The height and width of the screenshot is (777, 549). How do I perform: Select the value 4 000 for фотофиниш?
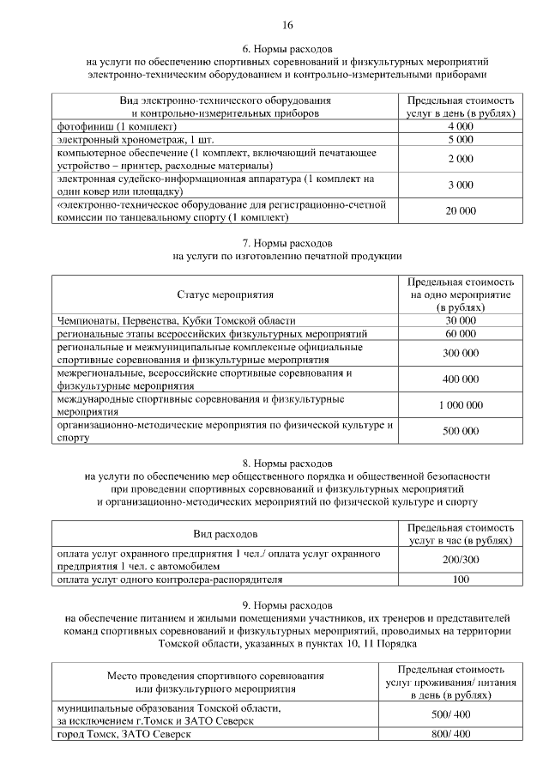[x=460, y=126]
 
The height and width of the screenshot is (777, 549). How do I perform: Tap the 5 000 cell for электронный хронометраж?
[x=460, y=139]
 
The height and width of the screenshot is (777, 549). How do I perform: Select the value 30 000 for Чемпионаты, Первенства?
[x=460, y=319]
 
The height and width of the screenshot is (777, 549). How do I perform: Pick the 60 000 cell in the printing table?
[x=460, y=332]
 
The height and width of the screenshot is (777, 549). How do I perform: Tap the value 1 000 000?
[x=460, y=405]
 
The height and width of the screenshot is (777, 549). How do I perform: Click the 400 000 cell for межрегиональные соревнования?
[x=460, y=379]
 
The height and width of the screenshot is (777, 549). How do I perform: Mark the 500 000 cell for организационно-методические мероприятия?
[x=460, y=431]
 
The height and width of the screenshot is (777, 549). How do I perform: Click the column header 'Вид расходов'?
[x=225, y=534]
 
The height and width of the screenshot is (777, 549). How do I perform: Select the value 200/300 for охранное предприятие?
[x=460, y=560]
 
